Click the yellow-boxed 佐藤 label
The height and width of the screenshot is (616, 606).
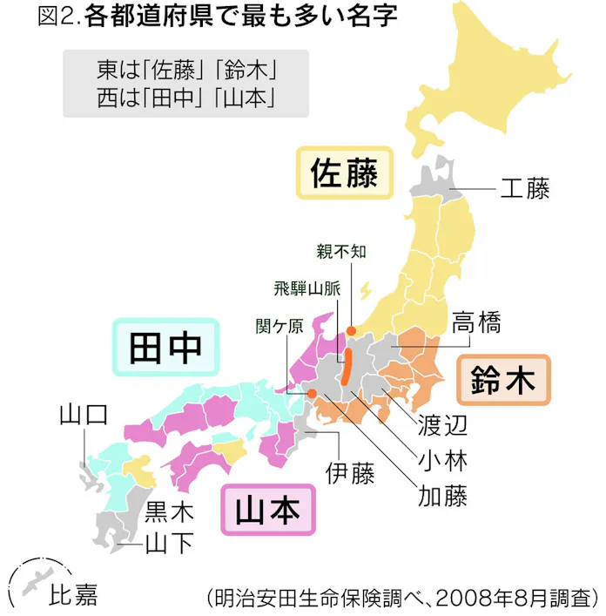point(345,173)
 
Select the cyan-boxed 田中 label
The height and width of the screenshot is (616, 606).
point(165,346)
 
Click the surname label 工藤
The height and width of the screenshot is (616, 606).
point(525,188)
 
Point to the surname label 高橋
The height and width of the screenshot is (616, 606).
point(476,323)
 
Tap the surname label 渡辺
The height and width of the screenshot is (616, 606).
point(443,424)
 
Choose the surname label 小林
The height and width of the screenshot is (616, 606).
point(443,459)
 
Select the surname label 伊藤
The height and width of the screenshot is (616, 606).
point(350,474)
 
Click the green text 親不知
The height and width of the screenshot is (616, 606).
point(341,252)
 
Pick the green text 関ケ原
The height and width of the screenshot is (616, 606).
point(279,326)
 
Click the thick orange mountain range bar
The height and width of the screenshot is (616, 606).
point(347,366)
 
